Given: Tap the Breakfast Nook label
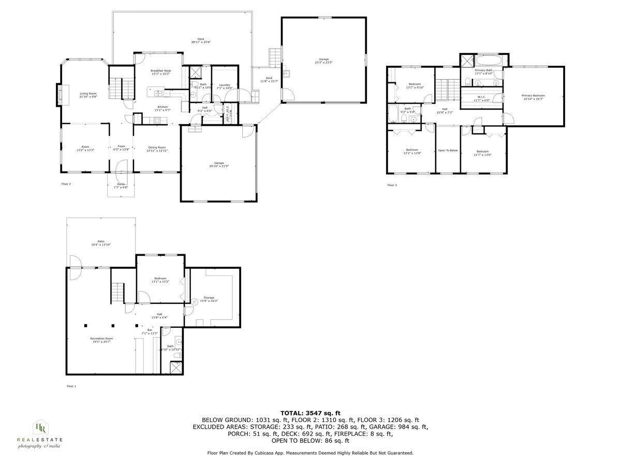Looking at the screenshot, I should tap(160, 72).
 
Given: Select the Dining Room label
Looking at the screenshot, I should tap(157, 149).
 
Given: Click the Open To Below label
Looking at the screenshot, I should tap(448, 150).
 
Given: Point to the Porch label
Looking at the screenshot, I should tap(121, 185).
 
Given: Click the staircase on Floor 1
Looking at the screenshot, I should tap(118, 294).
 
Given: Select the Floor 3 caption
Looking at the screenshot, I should tap(392, 185).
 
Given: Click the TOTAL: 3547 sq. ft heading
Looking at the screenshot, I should tap(310, 413).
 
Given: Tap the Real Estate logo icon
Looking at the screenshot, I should tap(39, 427).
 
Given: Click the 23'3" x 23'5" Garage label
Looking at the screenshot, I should tap(323, 61).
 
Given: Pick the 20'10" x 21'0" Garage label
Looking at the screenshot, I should tap(219, 164).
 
